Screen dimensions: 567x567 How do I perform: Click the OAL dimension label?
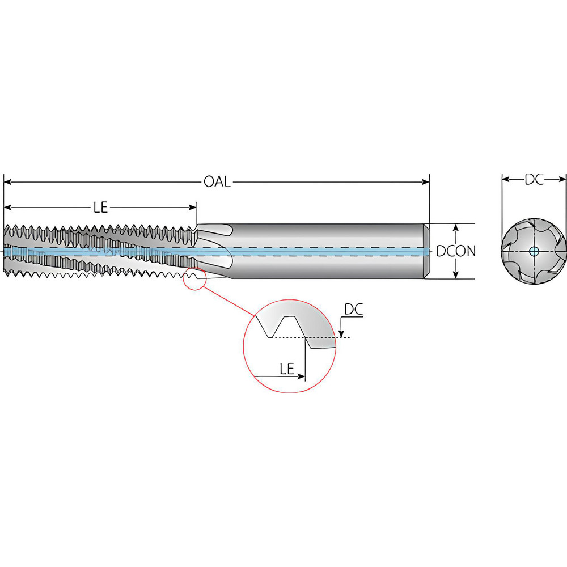coord(217,182)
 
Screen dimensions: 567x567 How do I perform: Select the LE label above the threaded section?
coord(100,207)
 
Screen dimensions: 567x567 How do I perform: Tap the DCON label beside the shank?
coord(456,251)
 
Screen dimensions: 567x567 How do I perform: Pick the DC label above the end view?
coord(534,180)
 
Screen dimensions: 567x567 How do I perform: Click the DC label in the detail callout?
coord(353,310)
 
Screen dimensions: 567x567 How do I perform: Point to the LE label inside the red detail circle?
coord(286,369)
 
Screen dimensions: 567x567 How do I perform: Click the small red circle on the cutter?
coord(194,280)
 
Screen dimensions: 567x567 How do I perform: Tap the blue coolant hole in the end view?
coord(534,251)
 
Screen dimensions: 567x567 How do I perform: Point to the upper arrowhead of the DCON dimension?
coord(455,227)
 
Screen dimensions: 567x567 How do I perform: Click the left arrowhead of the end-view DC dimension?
coord(506,180)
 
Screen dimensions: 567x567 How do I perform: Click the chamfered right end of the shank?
coord(427,251)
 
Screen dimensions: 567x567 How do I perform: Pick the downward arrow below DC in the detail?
coord(341,333)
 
